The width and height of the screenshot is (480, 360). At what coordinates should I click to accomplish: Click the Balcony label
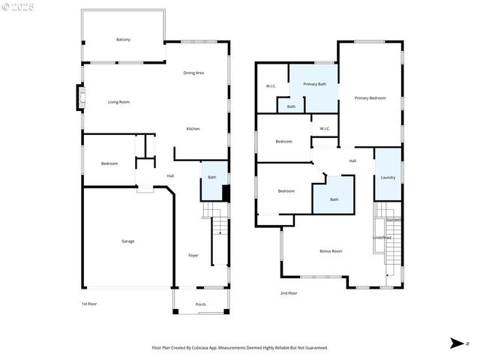coord(123,39)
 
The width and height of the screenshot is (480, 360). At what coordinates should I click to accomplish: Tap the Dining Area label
coord(193,73)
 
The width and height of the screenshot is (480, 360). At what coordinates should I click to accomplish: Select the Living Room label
coord(118,102)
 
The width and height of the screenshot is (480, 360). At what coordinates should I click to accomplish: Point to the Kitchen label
coord(193,129)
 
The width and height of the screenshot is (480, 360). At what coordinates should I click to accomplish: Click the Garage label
coord(128,241)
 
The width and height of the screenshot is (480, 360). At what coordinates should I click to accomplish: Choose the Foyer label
coord(193,256)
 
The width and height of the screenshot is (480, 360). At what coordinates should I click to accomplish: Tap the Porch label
coord(200,304)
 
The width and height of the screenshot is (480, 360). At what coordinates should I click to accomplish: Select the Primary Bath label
coord(314,84)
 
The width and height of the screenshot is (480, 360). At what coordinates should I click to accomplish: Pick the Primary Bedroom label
coord(370,98)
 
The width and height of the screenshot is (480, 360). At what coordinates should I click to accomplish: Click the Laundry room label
coord(388,178)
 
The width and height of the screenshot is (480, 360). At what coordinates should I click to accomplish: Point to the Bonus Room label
coord(331,251)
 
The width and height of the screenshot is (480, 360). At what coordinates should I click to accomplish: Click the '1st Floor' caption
coord(89,304)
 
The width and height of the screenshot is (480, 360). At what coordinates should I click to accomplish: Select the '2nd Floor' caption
coord(288,293)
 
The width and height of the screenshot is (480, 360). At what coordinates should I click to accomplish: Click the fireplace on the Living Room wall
coord(80,98)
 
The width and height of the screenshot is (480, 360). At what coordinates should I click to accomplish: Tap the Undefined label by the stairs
coord(382,238)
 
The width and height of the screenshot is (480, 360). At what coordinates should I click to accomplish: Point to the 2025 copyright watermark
coord(19,7)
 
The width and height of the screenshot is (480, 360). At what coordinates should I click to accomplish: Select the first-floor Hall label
coord(170,176)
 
